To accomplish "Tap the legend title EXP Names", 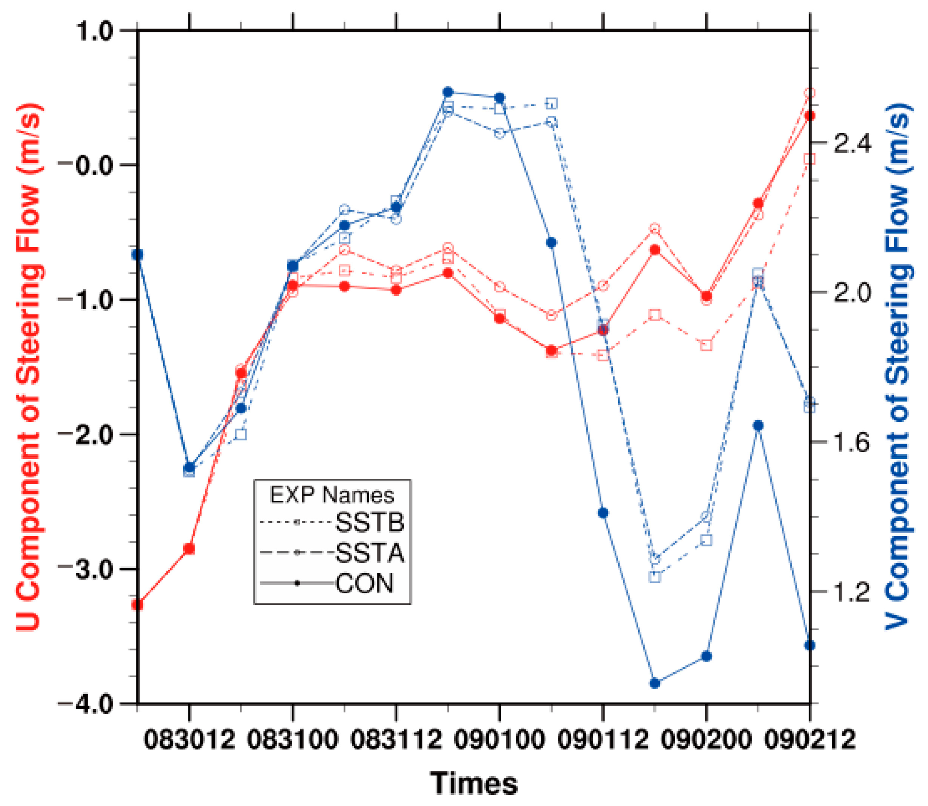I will tap(332, 495).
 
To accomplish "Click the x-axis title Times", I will tap(474, 783).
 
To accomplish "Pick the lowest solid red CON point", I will tap(138, 605).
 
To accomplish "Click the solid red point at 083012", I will tap(189, 549).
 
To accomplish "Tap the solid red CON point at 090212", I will tap(810, 116).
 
